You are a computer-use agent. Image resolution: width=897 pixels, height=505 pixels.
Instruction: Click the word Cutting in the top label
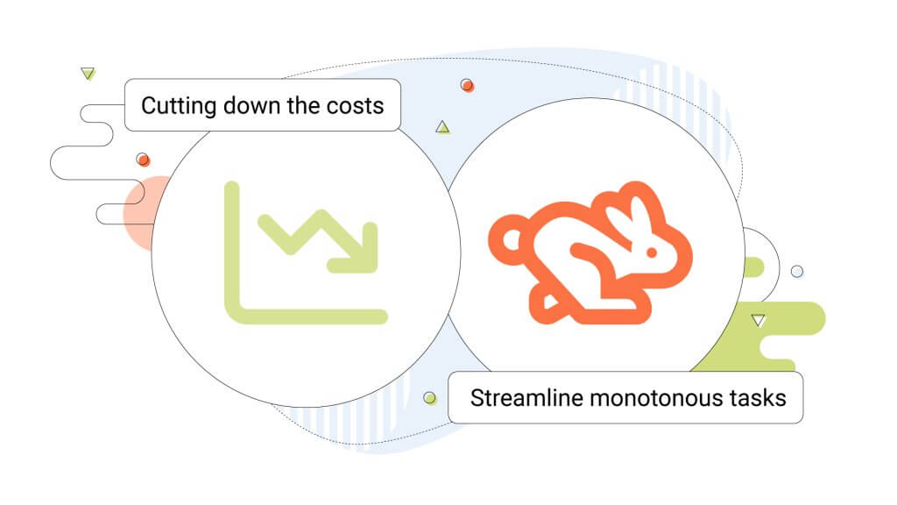point(179,106)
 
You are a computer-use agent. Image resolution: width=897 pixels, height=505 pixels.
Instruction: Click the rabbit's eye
point(651,252)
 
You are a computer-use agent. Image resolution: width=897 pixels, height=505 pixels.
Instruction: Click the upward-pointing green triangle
point(442,127)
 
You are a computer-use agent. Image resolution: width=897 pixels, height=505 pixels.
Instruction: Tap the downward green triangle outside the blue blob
point(88,74)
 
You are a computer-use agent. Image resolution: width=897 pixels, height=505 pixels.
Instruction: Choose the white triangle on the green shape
point(759,320)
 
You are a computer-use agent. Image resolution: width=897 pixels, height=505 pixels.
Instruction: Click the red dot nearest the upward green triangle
point(467,85)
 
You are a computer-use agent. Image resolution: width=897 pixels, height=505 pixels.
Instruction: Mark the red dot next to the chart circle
point(143,160)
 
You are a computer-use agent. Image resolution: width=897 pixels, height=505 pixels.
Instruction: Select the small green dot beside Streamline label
point(429,398)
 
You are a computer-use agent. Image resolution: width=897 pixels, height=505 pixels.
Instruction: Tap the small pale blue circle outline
point(797,272)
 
